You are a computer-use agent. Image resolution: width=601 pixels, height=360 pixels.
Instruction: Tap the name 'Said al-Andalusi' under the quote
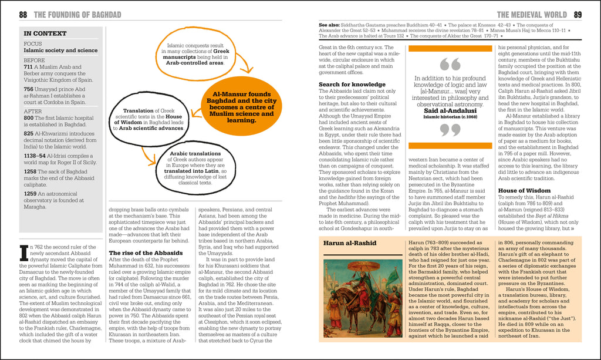450,110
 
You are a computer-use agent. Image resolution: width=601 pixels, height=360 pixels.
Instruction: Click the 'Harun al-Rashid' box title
350,242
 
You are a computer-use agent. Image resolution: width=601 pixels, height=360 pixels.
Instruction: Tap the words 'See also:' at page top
330,26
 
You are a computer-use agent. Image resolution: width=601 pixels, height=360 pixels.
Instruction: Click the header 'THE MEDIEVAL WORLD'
532,15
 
